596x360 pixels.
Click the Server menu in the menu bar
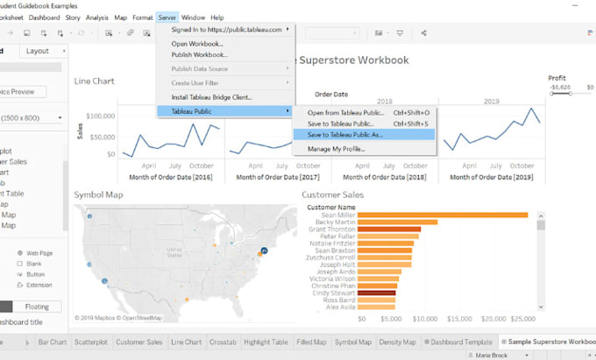(167, 17)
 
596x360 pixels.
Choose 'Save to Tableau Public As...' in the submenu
(344, 135)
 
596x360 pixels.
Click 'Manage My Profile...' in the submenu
(336, 149)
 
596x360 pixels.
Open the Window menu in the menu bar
(193, 17)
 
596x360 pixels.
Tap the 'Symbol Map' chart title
(99, 194)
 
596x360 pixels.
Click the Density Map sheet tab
(396, 342)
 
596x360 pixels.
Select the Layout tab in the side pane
(37, 51)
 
